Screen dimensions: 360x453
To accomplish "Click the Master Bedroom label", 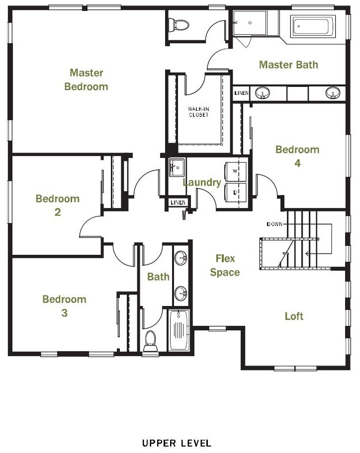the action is pos(86,79).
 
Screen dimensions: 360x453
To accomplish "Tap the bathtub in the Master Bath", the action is pos(315,26).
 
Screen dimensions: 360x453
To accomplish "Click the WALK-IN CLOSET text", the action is pos(198,112).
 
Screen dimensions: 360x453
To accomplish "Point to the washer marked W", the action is pos(236,171).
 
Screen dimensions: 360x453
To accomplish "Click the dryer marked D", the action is pos(236,192).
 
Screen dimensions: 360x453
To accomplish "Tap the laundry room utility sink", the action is pos(177,167).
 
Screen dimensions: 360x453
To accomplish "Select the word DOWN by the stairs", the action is pos(274,224).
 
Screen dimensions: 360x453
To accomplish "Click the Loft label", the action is pos(294,316).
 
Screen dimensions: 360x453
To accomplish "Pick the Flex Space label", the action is pos(225,265).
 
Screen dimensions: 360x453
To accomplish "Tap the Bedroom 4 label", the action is pos(297,156).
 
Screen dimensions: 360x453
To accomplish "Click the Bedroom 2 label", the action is pos(58,206).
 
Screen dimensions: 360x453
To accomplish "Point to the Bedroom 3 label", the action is pos(64,306).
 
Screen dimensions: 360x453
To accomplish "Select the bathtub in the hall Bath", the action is pos(179,330).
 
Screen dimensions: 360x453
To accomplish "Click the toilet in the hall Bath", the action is pos(150,341).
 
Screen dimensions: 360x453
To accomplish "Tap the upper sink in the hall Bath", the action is pos(181,258).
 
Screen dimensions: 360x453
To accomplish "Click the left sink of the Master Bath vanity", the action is pos(263,93).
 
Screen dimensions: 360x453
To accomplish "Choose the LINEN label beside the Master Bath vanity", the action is pos(241,93).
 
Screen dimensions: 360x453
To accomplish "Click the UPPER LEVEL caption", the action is pos(177,443).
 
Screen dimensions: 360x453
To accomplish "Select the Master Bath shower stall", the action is pos(250,23).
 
